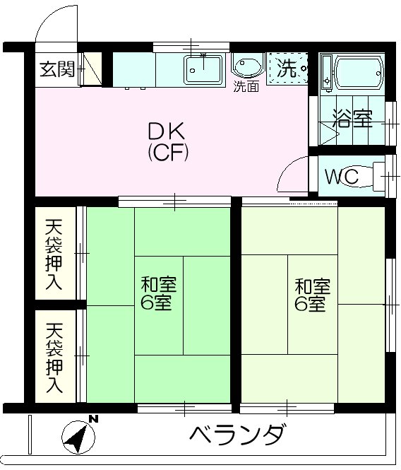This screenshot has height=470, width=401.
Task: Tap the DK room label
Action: click(167, 131)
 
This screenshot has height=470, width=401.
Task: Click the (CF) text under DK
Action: click(167, 152)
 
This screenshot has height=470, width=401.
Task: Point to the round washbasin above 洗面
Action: click(246, 68)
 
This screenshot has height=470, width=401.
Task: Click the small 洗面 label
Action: click(246, 87)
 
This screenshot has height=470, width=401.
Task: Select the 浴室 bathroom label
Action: click(353, 119)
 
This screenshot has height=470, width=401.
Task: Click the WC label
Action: click(342, 176)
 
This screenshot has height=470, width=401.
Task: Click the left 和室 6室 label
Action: click(158, 295)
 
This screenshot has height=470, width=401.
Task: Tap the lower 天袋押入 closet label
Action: click(55, 358)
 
